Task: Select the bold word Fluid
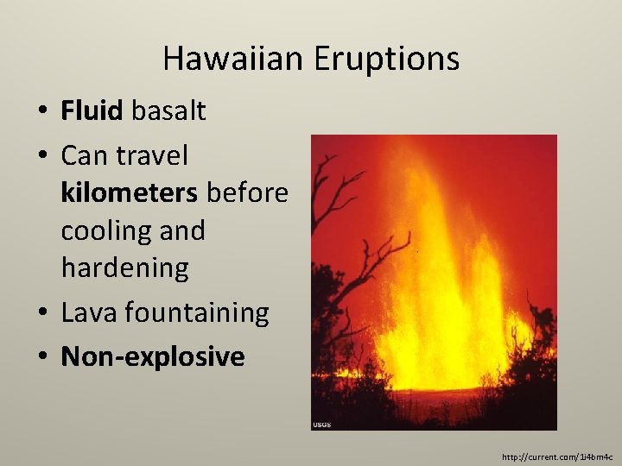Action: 92,110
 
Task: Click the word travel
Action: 150,156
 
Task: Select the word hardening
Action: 124,268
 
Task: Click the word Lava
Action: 89,312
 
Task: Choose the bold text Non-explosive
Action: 153,356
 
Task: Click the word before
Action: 250,193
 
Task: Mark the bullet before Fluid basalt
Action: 41,111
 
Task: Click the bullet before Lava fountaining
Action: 41,313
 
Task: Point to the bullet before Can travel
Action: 41,157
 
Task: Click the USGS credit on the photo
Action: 322,425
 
